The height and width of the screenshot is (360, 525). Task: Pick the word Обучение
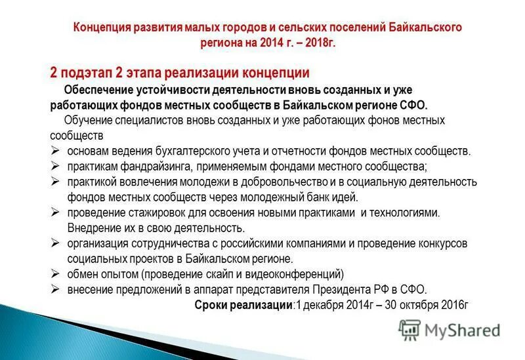click(88, 121)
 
